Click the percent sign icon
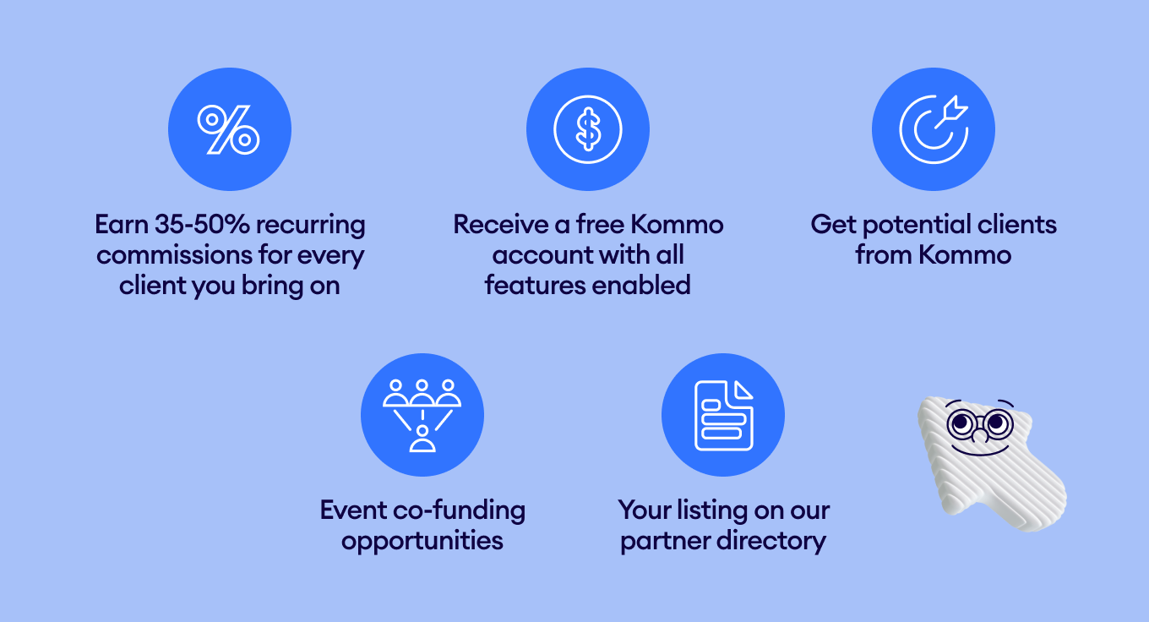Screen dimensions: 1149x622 (229, 129)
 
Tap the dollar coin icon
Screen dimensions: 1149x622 (588, 129)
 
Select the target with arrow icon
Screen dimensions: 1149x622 (934, 129)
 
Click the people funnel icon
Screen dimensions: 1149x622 (422, 415)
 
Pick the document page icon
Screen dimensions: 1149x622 (723, 415)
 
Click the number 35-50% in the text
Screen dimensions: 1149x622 (202, 225)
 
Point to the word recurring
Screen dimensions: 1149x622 (310, 226)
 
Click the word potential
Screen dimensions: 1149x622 (916, 226)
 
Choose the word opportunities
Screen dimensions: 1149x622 (422, 543)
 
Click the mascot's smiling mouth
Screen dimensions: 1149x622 (980, 450)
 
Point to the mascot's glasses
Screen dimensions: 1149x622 (980, 425)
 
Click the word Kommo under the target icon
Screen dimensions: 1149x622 (964, 255)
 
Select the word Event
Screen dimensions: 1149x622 (353, 510)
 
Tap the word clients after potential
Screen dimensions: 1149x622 (1016, 225)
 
